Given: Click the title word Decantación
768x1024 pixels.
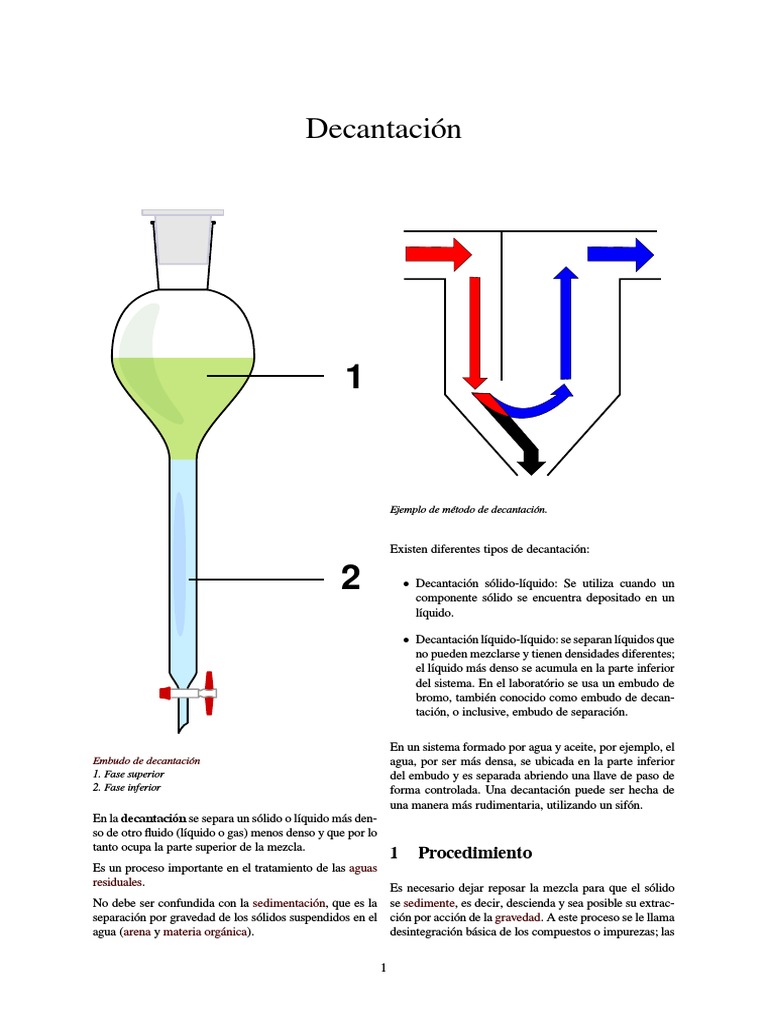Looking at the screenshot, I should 383,129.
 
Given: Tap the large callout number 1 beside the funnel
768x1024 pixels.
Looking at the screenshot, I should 351,377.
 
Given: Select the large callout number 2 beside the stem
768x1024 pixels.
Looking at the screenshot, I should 350,578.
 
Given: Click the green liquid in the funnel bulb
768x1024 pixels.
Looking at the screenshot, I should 185,390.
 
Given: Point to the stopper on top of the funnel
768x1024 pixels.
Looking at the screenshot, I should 182,235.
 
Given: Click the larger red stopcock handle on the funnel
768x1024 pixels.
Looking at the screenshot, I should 210,693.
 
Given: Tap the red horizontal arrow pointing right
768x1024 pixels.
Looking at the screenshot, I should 437,253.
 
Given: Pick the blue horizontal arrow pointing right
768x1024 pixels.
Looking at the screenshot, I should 618,253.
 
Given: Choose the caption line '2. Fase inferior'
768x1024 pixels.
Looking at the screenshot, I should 127,788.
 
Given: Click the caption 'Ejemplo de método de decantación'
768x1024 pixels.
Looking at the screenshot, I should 468,510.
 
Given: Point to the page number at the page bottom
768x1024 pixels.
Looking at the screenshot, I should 383,968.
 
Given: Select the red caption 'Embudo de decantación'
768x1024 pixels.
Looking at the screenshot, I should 146,760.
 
